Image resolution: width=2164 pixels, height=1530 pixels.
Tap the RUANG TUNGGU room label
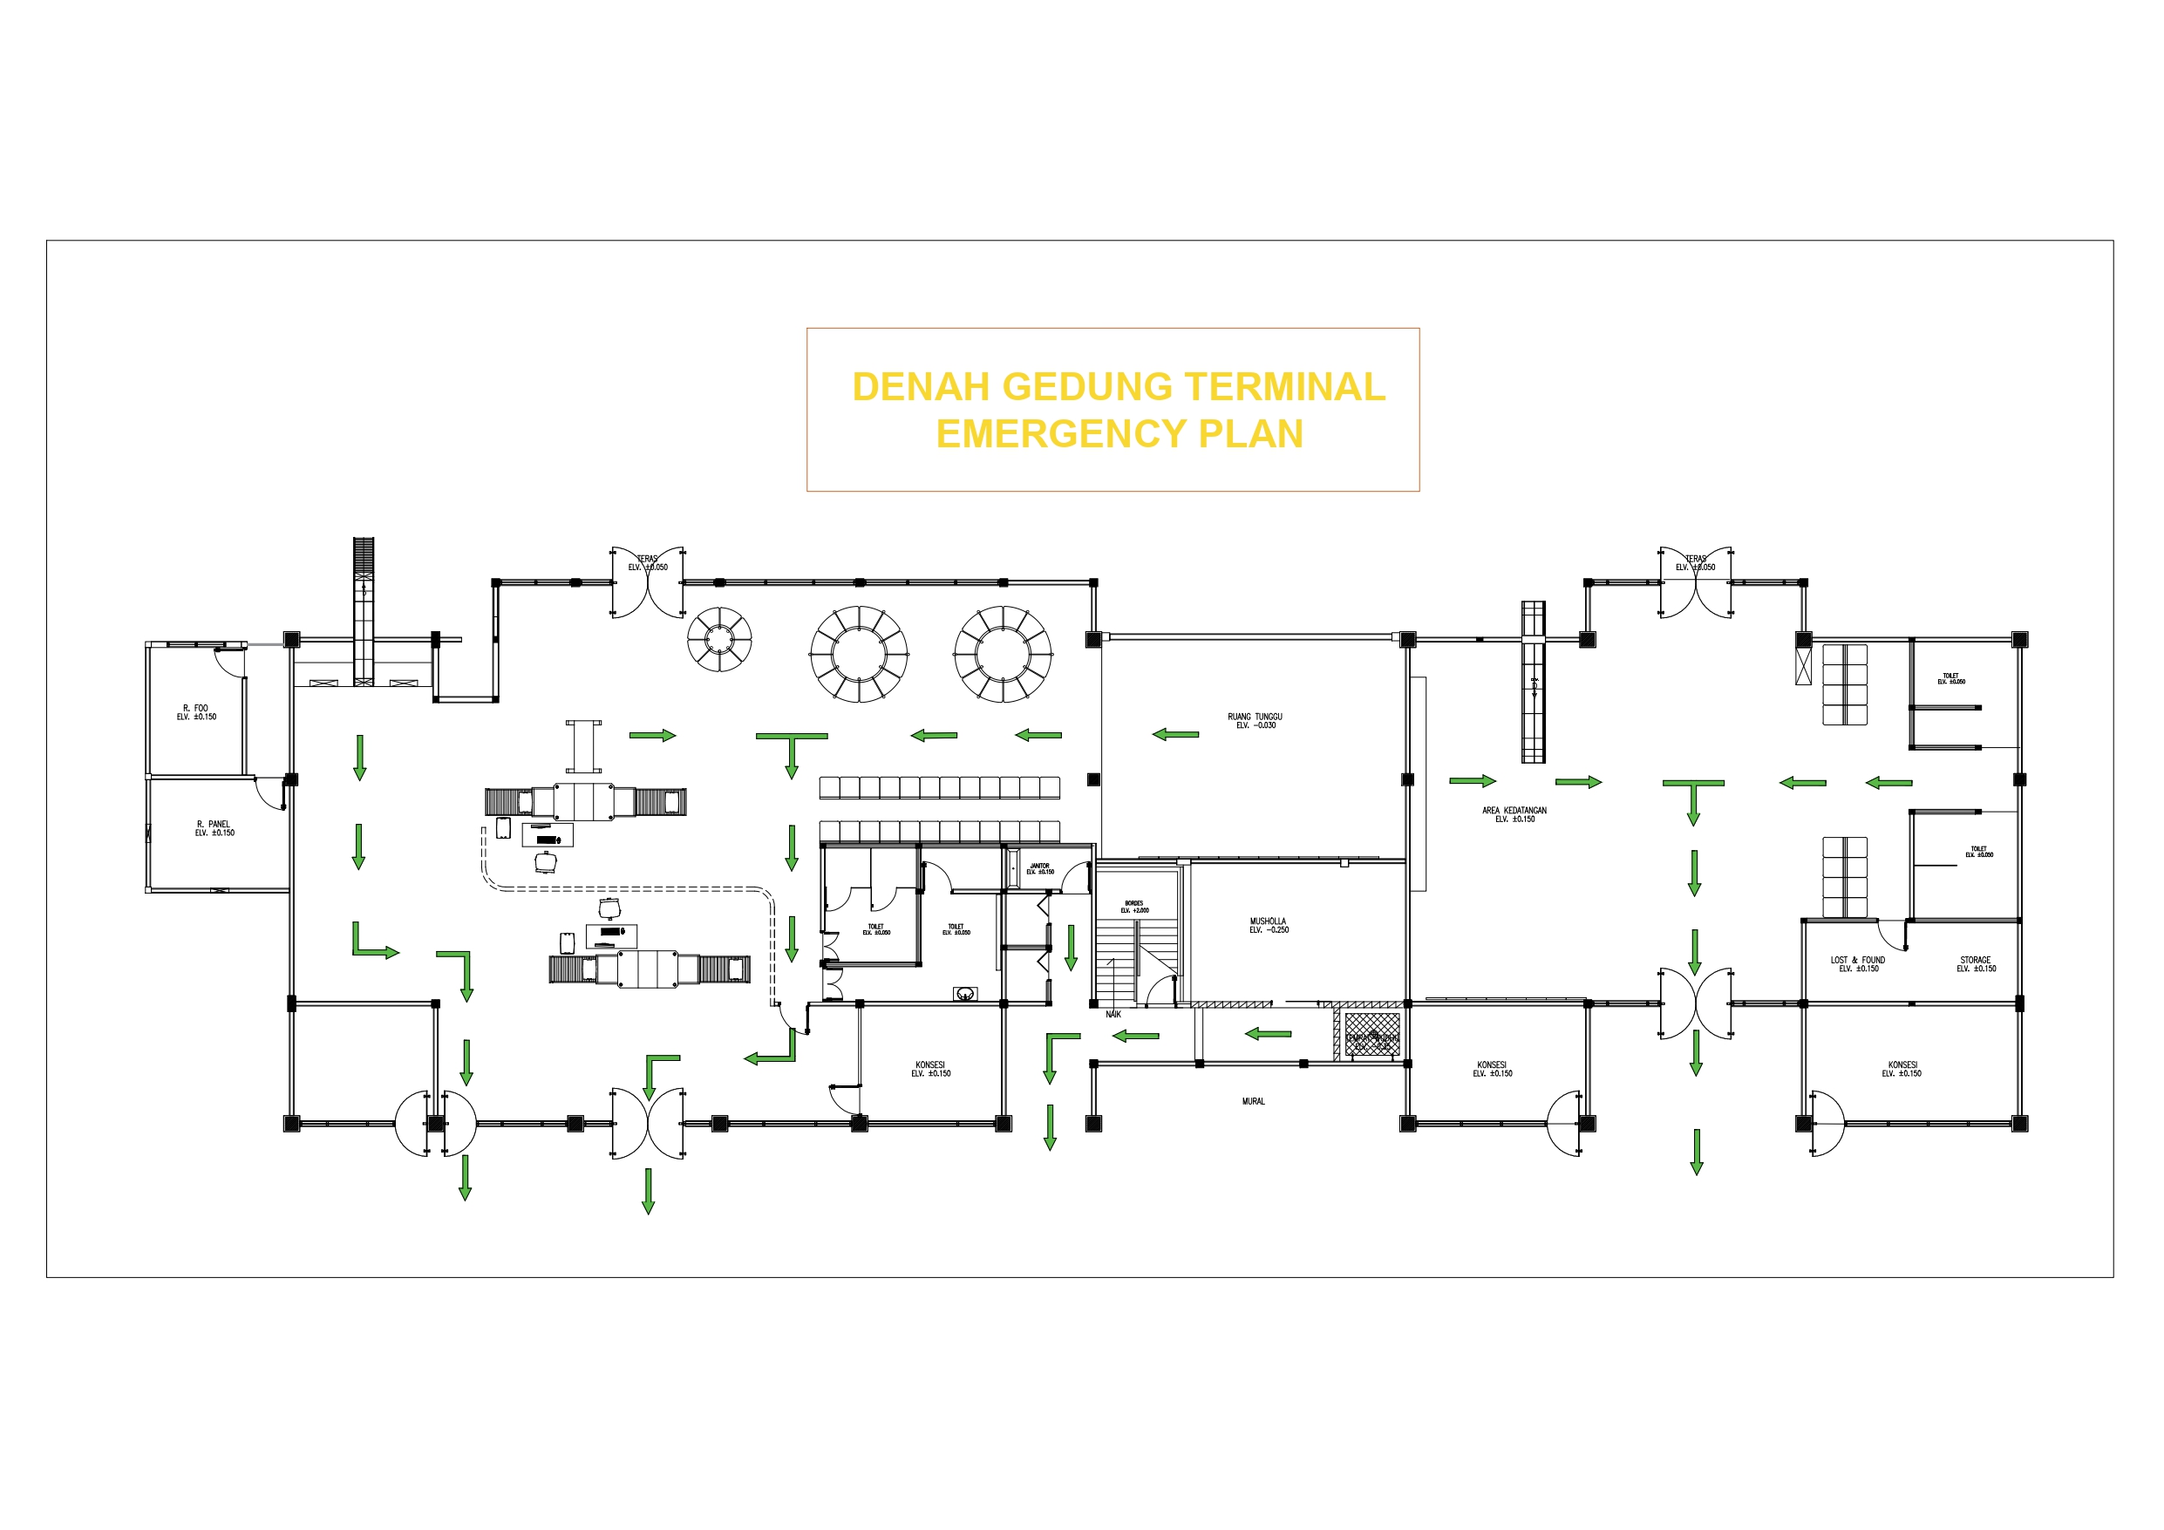click(x=1255, y=721)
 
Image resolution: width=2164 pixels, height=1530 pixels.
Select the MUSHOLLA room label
click(x=1268, y=926)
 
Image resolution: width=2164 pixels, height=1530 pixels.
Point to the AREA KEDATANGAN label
click(x=1514, y=814)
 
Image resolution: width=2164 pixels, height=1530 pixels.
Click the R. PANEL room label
click(x=214, y=828)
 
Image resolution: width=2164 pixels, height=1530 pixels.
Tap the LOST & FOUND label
click(x=1858, y=964)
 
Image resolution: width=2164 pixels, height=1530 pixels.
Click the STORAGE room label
click(x=1976, y=964)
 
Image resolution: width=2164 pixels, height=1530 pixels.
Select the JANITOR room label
click(x=1039, y=868)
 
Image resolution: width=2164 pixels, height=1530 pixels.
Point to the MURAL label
click(x=1253, y=1101)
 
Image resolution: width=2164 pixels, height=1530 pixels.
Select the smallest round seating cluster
click(x=719, y=639)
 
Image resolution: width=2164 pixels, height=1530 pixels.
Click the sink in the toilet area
click(x=964, y=994)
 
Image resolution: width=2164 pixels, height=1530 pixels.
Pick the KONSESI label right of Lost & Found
click(x=1901, y=1069)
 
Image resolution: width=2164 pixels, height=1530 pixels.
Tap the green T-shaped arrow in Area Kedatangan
click(x=1692, y=798)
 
